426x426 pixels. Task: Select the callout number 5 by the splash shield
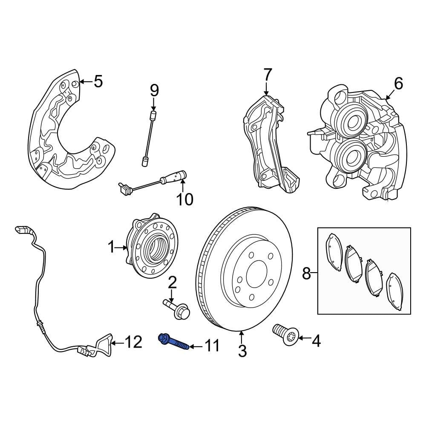(x=98, y=81)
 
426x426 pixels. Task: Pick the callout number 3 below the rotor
(x=242, y=351)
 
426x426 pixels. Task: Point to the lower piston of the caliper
(x=351, y=158)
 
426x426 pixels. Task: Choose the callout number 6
(x=398, y=84)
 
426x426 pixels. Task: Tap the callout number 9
(x=154, y=90)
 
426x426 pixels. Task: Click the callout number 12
(x=132, y=342)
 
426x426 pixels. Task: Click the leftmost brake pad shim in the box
(x=332, y=251)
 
